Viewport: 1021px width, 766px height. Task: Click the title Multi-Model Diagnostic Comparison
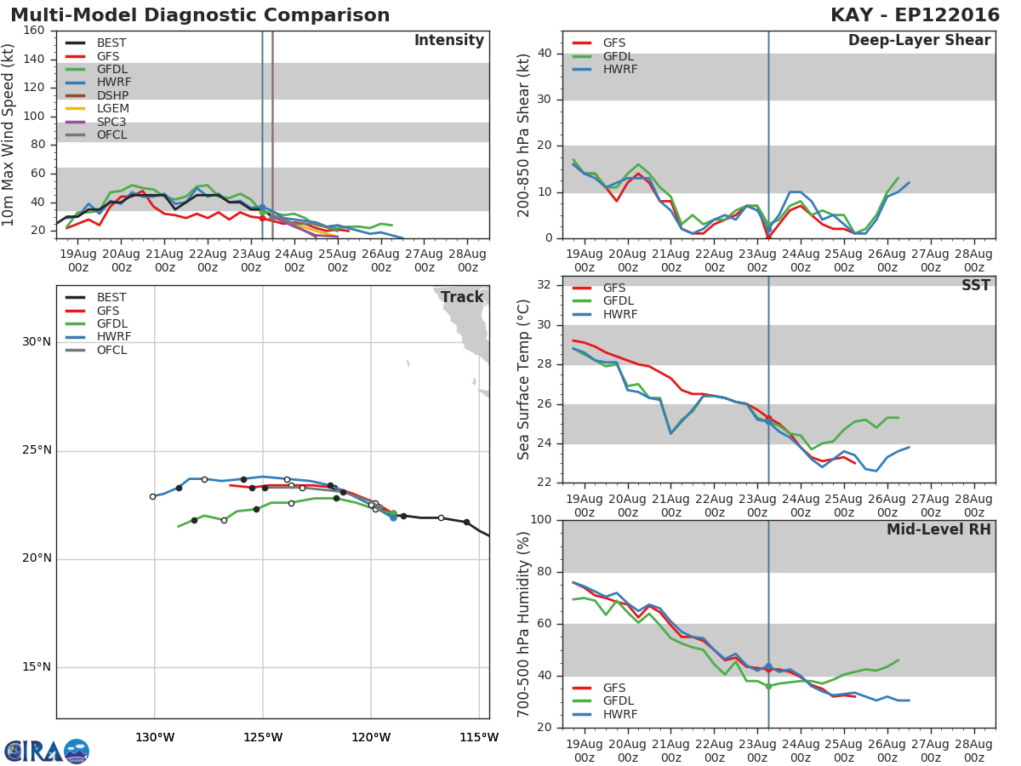(200, 14)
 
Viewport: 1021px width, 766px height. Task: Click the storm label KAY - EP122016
(915, 14)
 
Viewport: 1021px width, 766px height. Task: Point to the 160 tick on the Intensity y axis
(34, 31)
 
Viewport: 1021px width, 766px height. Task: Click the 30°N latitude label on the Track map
(37, 342)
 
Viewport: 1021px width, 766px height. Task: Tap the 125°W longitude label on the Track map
(263, 737)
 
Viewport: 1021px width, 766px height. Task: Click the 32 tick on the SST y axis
(545, 284)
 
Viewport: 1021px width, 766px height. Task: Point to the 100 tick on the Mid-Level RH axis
(541, 519)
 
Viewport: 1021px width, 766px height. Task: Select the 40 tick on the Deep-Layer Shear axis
(545, 53)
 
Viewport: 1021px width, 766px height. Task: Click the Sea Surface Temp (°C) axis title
(523, 380)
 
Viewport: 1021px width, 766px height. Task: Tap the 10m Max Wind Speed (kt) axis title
(8, 134)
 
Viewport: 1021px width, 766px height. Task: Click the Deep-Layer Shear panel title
(919, 41)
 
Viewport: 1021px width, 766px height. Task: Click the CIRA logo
(47, 751)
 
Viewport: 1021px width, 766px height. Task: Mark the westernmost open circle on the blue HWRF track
(152, 496)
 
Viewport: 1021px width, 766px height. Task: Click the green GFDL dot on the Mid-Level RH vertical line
(768, 686)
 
